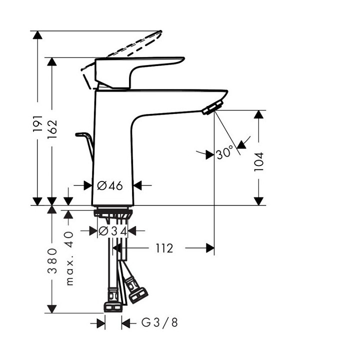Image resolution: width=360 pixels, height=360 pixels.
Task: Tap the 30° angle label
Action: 224,153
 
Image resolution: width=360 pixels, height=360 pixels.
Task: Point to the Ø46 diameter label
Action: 109,185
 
